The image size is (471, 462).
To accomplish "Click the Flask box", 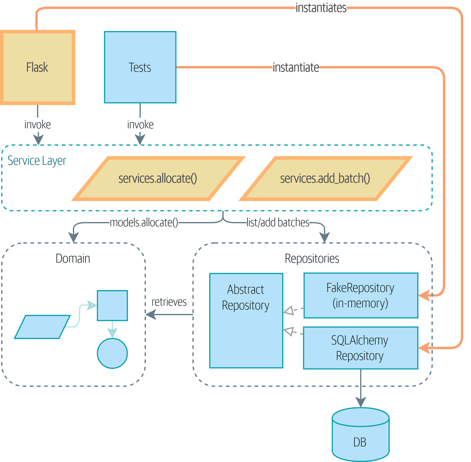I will tap(37, 67).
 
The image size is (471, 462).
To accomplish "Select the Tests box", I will tap(140, 67).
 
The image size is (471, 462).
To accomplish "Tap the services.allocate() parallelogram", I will tap(158, 178).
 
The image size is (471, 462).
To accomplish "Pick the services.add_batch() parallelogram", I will tap(325, 178).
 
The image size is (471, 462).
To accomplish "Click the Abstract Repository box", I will tap(246, 321).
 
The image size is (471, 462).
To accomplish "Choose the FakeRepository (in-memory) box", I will tap(360, 295).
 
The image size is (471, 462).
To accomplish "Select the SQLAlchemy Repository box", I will tap(360, 348).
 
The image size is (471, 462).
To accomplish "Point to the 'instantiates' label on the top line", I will tap(321, 8).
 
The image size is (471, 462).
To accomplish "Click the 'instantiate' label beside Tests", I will tap(296, 67).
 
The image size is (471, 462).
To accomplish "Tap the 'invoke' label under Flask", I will tap(38, 124).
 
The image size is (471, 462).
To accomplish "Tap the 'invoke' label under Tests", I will tap(140, 124).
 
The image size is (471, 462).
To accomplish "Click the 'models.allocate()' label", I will tap(144, 223).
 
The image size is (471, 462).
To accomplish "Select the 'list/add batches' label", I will tap(278, 223).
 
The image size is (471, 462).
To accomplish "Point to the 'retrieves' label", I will tap(169, 302).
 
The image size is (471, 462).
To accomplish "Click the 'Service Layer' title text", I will tap(37, 160).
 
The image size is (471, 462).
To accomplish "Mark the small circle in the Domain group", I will tap(112, 353).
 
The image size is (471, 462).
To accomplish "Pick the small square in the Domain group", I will tap(112, 305).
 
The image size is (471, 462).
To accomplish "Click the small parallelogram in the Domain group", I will tap(42, 327).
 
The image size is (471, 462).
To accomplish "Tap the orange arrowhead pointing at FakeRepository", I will tap(425, 296).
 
